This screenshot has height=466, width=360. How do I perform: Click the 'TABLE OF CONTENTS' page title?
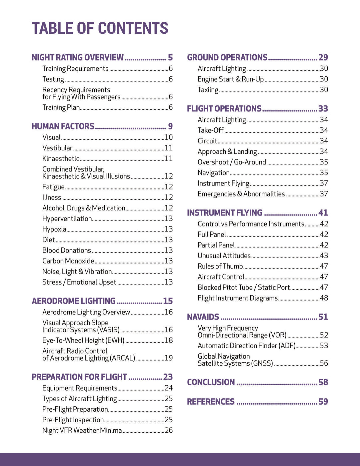100,28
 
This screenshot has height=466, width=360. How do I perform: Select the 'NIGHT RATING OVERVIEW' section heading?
78,58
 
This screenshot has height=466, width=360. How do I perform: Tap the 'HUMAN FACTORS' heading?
63,126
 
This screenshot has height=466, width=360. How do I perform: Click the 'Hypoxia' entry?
54,229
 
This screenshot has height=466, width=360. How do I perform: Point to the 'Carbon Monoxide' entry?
68,261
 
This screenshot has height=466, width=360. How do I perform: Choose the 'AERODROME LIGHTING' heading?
74,301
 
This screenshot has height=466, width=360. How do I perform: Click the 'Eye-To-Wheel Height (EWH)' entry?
83,341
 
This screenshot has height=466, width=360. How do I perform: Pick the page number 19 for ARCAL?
169,358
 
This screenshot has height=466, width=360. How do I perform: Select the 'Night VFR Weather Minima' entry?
82,431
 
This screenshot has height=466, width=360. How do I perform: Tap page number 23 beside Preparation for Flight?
168,377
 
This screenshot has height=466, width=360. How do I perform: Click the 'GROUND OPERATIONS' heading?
227,58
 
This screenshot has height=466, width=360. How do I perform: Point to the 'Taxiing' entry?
208,90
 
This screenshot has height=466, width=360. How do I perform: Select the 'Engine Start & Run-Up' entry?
231,79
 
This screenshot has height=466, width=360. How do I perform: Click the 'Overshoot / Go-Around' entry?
232,162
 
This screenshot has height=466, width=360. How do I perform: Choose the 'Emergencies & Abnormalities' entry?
241,194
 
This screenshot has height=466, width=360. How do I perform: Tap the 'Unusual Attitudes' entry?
224,256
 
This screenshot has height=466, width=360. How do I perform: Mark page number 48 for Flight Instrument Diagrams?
324,298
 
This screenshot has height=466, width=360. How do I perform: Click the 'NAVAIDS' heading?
203,317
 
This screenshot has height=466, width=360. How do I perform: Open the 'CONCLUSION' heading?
211,382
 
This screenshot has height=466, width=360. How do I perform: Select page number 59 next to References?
323,402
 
